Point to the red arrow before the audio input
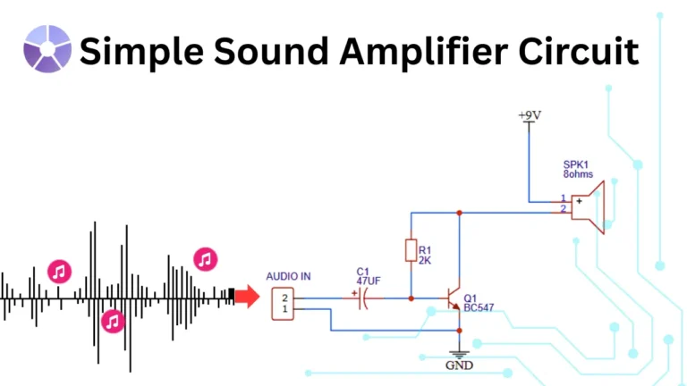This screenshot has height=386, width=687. click(x=246, y=297)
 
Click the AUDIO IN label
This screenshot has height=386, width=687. click(x=289, y=277)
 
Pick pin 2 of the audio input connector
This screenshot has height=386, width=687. click(x=284, y=296)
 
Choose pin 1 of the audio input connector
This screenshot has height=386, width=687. click(x=284, y=309)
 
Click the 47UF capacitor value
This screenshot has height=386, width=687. click(x=369, y=281)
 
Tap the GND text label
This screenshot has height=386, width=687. click(x=460, y=365)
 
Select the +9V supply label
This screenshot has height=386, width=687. click(x=530, y=116)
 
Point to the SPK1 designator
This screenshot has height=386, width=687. click(x=575, y=164)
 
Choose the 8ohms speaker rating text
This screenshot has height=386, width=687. click(x=578, y=174)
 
